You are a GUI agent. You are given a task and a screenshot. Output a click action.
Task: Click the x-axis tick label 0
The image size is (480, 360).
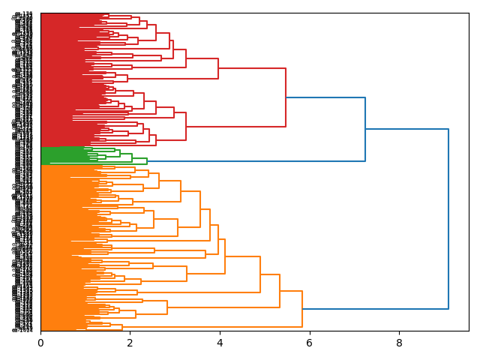point(40,343)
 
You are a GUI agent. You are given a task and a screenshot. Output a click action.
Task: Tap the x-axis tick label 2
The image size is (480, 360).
point(130,343)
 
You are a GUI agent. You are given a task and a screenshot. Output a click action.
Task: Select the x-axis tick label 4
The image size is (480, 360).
point(220,343)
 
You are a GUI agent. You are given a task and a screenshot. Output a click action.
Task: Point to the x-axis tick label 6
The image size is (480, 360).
point(310,343)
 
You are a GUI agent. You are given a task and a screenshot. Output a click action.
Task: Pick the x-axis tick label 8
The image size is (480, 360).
point(399,343)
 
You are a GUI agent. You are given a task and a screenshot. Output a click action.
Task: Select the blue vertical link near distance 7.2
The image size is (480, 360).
point(365,129)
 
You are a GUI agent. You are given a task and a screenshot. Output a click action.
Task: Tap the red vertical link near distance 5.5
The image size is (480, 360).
point(286,97)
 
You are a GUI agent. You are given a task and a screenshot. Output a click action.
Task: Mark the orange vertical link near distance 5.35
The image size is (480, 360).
point(280,291)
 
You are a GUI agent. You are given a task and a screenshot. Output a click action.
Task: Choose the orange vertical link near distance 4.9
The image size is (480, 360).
point(260,274)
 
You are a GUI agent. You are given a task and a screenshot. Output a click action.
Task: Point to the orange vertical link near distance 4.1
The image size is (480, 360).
point(225,256)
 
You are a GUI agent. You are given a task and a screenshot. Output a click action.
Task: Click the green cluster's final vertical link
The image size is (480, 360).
point(147,161)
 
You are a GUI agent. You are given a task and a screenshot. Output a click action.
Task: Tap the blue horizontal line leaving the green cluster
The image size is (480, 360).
point(255,161)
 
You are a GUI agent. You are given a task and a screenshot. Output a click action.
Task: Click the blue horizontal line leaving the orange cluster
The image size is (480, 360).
point(375,309)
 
